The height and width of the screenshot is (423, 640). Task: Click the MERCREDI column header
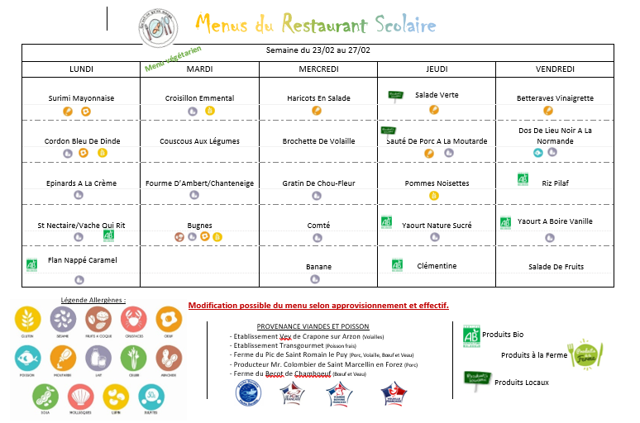(318, 69)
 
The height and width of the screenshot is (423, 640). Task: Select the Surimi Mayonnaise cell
(81, 98)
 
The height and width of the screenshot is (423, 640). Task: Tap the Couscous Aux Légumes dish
(199, 141)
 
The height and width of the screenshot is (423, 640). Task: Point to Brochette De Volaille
(318, 141)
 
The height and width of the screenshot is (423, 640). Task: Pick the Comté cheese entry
(318, 226)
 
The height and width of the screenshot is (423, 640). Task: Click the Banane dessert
(318, 267)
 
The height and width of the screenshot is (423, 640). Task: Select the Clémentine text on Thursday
(437, 266)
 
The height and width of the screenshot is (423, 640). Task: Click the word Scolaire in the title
(404, 24)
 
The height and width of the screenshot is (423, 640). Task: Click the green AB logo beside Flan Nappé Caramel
(32, 265)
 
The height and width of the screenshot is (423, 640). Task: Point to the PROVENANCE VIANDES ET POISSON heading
(313, 326)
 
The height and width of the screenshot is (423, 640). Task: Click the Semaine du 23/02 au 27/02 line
(318, 51)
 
